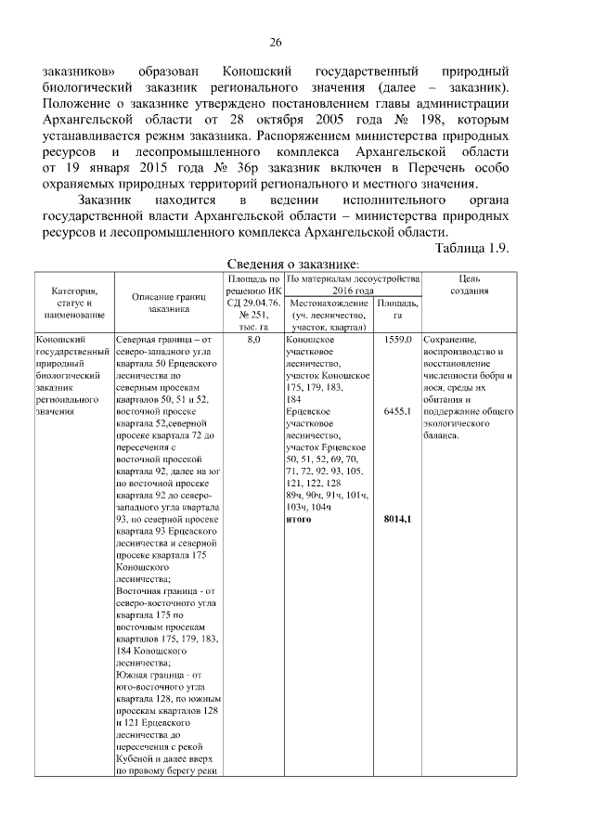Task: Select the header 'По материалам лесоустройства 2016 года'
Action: point(353,284)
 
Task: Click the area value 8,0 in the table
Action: point(253,341)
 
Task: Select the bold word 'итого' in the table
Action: point(299,518)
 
